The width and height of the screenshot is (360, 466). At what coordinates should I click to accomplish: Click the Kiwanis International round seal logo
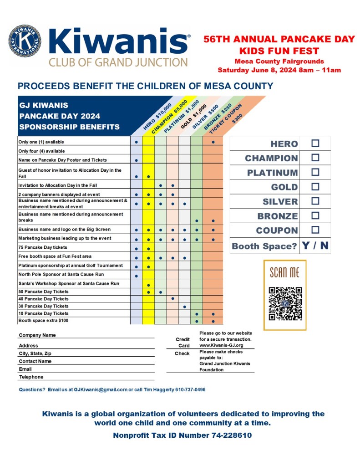tap(24, 41)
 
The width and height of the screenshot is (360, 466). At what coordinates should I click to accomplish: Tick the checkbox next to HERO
tap(315, 143)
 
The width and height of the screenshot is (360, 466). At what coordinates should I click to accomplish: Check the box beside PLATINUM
tap(315, 172)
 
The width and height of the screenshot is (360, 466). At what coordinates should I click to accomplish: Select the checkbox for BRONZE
tap(315, 215)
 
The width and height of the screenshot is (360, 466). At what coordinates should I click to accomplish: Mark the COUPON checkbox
tap(315, 230)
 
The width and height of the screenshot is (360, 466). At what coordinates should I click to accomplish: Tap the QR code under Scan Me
tap(285, 303)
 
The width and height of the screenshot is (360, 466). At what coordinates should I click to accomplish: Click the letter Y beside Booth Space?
tap(306, 246)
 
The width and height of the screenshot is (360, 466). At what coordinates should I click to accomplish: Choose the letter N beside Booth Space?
tap(324, 246)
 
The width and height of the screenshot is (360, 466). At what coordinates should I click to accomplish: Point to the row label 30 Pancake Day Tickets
tap(44, 306)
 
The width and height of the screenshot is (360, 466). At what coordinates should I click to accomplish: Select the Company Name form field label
tap(37, 335)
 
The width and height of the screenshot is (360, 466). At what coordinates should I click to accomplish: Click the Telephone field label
tap(31, 377)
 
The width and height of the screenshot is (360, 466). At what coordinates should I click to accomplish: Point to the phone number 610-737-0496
tap(187, 390)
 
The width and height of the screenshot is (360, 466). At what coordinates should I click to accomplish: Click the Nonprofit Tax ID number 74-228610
tap(232, 435)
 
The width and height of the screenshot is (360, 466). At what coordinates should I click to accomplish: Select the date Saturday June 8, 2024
tap(257, 70)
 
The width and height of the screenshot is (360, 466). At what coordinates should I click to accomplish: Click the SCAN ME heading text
tap(285, 272)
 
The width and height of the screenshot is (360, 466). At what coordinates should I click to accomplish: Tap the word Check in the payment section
tap(182, 353)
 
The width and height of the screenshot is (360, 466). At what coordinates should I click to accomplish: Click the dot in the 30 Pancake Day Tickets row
tap(184, 307)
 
